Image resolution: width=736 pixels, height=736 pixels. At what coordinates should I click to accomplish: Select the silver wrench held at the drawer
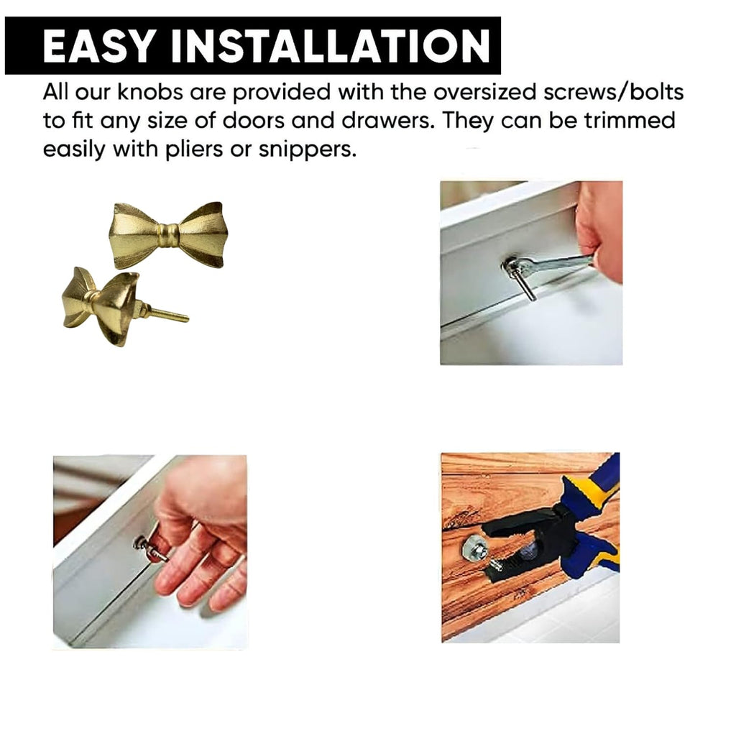coord(553,265)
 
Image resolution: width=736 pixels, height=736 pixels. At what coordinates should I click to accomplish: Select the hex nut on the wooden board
coord(474,550)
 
